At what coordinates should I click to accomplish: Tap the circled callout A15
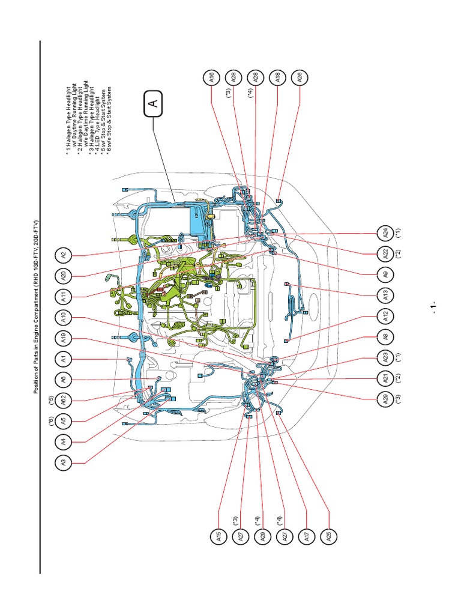(x=219, y=536)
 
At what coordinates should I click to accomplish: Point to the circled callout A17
(x=307, y=536)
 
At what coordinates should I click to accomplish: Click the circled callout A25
(x=328, y=536)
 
